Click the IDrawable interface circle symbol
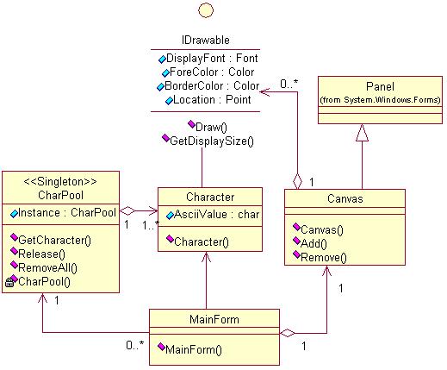coord(206,10)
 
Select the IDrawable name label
coord(206,40)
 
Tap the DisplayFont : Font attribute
coord(212,59)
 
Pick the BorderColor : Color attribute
coord(212,85)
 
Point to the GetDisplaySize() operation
coord(212,141)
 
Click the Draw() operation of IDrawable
coord(211,127)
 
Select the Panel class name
coord(380,86)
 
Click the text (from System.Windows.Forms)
coord(380,100)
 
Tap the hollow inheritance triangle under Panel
coord(362,133)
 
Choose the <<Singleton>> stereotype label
coord(60,182)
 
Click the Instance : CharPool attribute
coord(67,213)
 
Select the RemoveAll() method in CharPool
coord(47,268)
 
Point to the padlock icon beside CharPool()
coord(9,283)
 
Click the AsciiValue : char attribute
coord(216,215)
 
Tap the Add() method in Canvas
coord(314,243)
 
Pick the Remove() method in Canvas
coord(324,257)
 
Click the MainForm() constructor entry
coord(194,349)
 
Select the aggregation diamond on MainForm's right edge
coord(288,334)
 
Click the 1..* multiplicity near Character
coord(151,225)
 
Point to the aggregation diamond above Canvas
coord(297,181)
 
